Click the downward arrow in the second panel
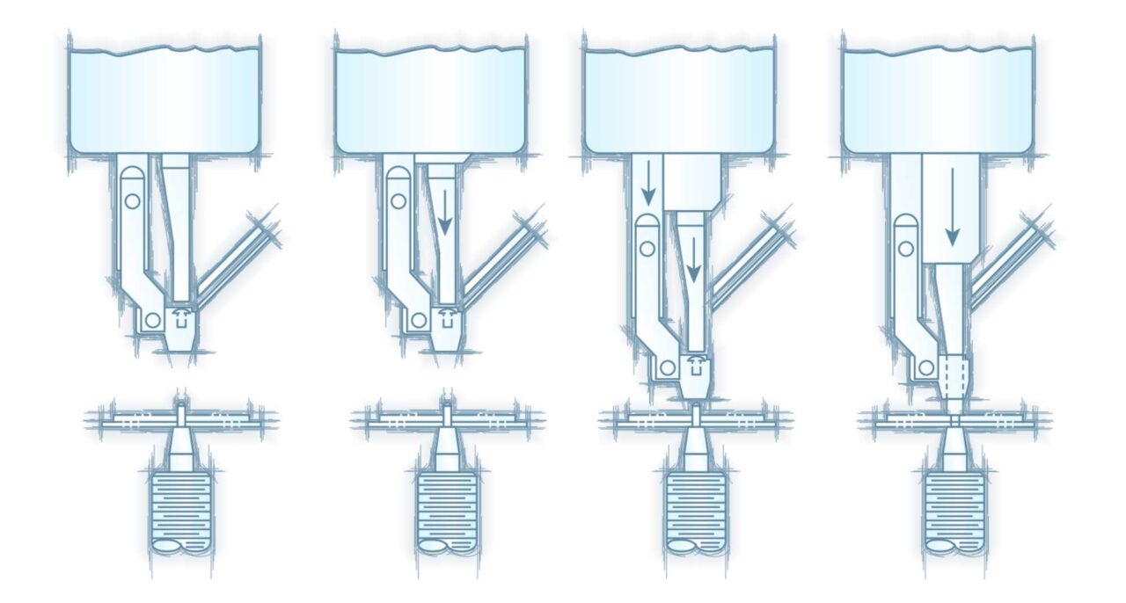pyautogui.click(x=444, y=214)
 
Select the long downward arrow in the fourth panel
pyautogui.click(x=952, y=208)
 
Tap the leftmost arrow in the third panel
pyautogui.click(x=647, y=181)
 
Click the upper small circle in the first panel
pyautogui.click(x=132, y=201)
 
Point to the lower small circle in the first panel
pyautogui.click(x=153, y=320)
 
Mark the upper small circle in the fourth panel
pyautogui.click(x=908, y=250)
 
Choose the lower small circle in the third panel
pyautogui.click(x=666, y=367)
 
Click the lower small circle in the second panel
pyautogui.click(x=419, y=319)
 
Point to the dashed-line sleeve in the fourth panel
pyautogui.click(x=956, y=374)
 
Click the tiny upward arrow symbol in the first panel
pyautogui.click(x=183, y=315)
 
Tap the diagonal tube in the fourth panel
pyautogui.click(x=1010, y=259)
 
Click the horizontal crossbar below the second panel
pyautogui.click(x=447, y=419)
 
